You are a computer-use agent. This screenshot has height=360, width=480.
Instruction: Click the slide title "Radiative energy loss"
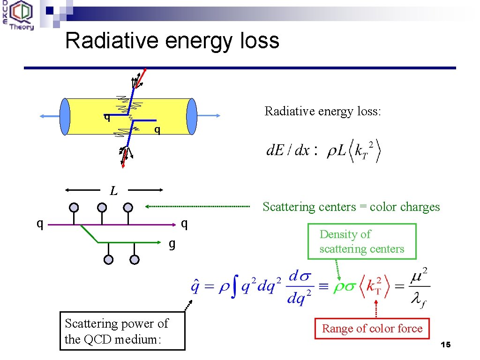point(172,40)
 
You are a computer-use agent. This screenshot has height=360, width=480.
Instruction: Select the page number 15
point(445,345)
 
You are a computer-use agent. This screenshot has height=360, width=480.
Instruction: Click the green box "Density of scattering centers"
point(361,241)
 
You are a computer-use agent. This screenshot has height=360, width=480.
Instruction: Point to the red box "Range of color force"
point(372,329)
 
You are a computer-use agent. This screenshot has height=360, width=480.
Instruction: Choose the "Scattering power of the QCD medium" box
point(122,331)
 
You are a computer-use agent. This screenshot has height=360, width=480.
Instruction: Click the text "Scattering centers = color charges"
point(351,207)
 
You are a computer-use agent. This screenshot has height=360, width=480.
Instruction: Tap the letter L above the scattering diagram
point(113,191)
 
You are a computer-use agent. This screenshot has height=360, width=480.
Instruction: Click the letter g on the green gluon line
point(172,244)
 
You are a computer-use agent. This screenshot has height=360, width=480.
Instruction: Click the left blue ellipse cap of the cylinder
point(65,117)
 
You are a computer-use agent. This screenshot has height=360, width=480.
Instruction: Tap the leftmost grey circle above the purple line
point(74,207)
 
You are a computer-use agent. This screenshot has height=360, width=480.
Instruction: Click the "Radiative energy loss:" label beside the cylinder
point(323,111)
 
